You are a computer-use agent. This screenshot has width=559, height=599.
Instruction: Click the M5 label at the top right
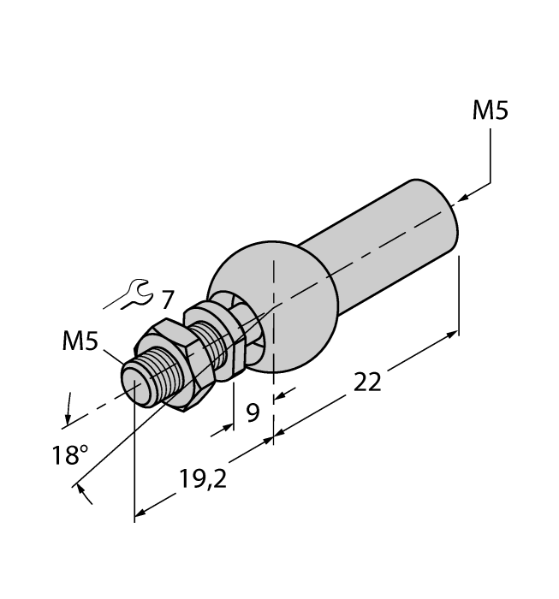[491, 112]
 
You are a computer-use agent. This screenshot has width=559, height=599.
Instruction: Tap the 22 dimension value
[367, 383]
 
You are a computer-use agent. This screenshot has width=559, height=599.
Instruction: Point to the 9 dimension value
[253, 413]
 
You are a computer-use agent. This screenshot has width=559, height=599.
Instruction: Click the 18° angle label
[68, 454]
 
